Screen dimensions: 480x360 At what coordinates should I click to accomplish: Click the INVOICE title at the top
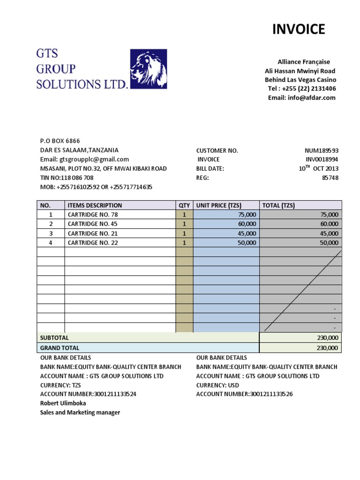click(299, 30)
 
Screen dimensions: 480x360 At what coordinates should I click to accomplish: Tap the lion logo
click(148, 69)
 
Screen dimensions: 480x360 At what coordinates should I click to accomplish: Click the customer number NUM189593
click(322, 150)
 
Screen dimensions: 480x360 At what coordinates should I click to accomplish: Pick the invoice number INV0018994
click(322, 159)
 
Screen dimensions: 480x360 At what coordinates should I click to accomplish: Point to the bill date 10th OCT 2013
click(319, 168)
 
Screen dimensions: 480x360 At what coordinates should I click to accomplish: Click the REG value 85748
click(329, 178)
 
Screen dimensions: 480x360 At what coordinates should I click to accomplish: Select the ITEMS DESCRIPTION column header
click(95, 205)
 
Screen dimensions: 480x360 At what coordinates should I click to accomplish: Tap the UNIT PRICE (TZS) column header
click(218, 205)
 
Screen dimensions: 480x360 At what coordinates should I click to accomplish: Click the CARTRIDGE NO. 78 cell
click(92, 214)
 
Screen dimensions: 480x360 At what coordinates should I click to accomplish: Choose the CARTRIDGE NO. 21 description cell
click(92, 233)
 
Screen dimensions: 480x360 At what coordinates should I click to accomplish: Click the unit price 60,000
click(247, 224)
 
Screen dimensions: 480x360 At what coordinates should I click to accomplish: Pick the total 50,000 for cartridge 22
click(329, 242)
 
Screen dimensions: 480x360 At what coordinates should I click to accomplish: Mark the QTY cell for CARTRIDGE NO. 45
click(184, 224)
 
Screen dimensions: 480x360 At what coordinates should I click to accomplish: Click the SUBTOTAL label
click(54, 337)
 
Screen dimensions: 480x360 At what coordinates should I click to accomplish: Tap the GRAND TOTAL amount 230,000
click(327, 348)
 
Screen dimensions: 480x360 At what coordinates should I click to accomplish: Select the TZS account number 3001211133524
click(88, 394)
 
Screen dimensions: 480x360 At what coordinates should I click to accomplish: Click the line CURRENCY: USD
click(217, 385)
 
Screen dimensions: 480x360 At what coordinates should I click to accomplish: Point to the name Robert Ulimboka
click(63, 403)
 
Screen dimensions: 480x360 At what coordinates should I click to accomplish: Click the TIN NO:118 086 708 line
click(67, 178)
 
